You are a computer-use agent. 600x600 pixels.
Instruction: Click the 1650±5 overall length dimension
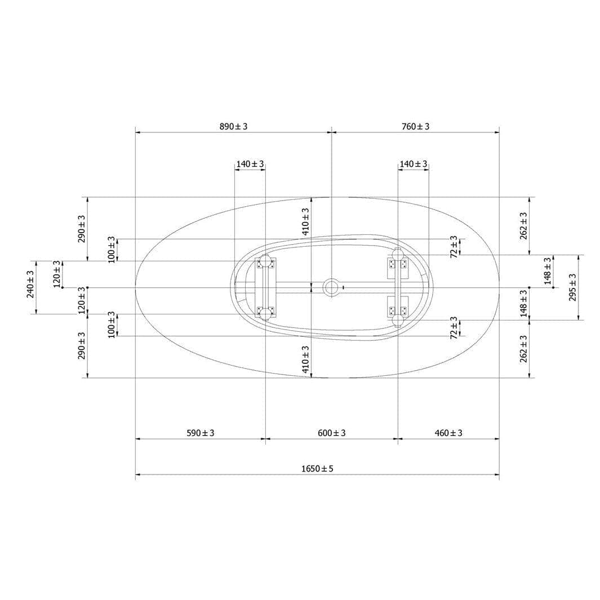click(317, 468)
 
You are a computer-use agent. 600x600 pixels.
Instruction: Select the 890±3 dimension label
click(233, 126)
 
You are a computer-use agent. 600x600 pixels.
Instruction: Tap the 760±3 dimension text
click(416, 126)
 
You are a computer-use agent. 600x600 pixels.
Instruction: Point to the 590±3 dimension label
click(201, 433)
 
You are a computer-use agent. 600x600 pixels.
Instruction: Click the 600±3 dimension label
click(332, 433)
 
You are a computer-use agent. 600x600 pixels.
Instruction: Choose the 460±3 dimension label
click(448, 433)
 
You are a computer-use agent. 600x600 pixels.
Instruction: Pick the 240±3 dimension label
click(30, 284)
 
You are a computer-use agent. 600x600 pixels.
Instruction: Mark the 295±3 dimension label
click(572, 287)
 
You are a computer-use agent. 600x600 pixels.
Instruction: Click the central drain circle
click(331, 287)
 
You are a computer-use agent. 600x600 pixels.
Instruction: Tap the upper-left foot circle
click(265, 261)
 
